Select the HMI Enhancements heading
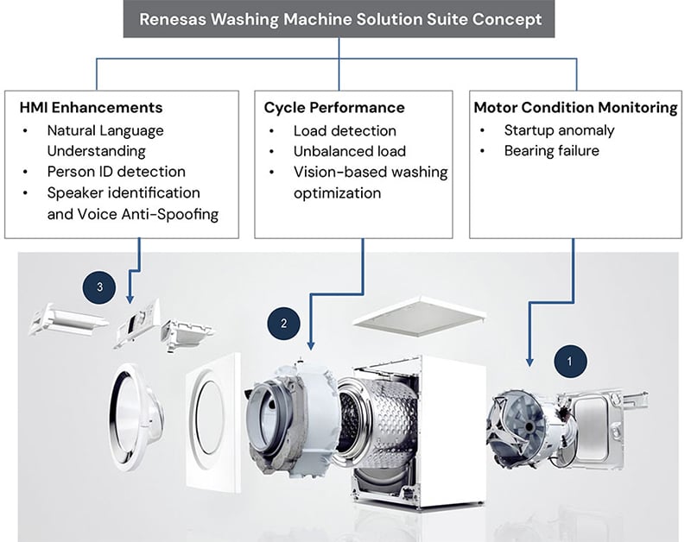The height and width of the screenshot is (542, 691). point(91,108)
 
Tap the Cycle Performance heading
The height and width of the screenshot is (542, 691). point(333,108)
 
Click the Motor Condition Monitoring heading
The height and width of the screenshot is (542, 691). point(575,108)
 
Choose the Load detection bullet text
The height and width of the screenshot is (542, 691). point(345,131)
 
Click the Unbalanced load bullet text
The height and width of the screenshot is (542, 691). point(350,152)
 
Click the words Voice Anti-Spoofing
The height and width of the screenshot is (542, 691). point(149,213)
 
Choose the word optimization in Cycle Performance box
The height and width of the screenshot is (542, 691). point(337,193)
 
